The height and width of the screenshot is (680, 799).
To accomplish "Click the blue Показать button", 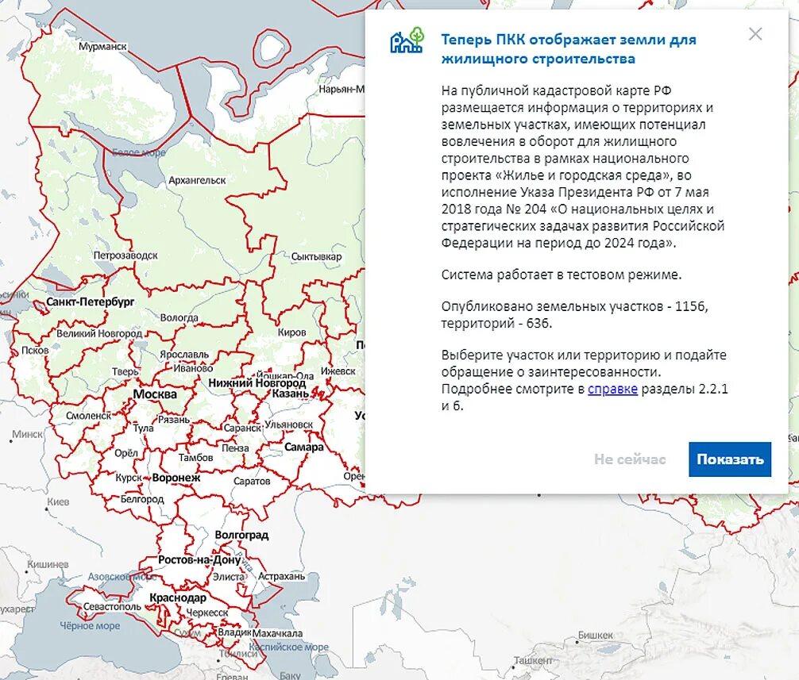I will [x=730, y=459].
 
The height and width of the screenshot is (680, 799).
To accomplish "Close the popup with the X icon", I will [x=755, y=34].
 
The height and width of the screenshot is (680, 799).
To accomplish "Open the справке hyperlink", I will [x=612, y=389].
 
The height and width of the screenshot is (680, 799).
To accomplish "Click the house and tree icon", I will [x=407, y=40].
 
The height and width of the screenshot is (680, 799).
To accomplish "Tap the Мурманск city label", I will [x=102, y=47].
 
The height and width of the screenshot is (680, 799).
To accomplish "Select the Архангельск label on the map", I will [x=197, y=181].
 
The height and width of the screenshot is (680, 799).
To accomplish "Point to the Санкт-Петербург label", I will [x=91, y=302].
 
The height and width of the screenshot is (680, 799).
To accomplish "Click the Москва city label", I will [x=155, y=394].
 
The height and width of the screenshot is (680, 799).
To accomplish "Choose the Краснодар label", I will [x=178, y=597].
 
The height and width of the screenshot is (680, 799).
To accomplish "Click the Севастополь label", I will [x=112, y=607].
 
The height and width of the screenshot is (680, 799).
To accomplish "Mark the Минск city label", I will [x=28, y=435].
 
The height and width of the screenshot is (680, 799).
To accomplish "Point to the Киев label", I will [x=58, y=502].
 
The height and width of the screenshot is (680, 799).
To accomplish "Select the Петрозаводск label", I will [x=125, y=255].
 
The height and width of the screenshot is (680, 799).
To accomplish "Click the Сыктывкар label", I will [x=316, y=257].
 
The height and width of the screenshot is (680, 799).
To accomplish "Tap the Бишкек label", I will [x=596, y=636].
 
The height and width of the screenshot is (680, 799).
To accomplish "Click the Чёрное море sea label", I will [x=91, y=626].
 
